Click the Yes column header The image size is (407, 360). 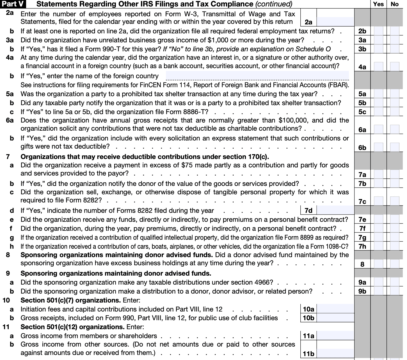coord(378,4)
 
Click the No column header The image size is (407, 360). coord(394,4)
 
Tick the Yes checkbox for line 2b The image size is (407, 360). coord(378,31)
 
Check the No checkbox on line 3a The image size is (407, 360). coord(394,40)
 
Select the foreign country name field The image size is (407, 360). coord(257,76)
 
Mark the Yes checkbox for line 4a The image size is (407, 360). coord(378,67)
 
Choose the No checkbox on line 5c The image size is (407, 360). coord(394,112)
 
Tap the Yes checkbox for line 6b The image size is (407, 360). coord(378,147)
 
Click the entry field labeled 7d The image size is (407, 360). coord(335,210)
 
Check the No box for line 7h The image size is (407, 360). coord(394,246)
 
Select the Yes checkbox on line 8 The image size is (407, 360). coord(378,264)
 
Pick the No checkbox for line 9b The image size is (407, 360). coord(394,291)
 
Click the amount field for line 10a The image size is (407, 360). coord(335,309)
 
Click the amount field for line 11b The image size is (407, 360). coord(335,353)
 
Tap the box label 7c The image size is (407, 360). coord(362,202)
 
